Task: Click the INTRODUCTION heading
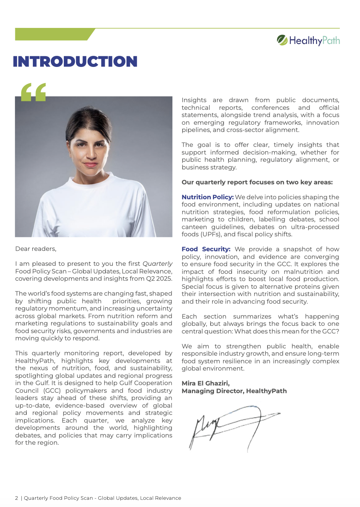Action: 75,62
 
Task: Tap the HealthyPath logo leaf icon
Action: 282,40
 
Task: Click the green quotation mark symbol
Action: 34,92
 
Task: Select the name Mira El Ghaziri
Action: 206,383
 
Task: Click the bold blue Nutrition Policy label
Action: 208,197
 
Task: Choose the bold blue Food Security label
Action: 206,249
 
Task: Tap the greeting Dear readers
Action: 36,249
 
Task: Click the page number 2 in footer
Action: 16,498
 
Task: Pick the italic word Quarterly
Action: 157,264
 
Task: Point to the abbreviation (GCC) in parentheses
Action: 52,390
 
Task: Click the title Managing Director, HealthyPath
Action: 234,391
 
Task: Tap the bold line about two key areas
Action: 257,182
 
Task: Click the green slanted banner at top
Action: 54,34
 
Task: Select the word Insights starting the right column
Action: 194,100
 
